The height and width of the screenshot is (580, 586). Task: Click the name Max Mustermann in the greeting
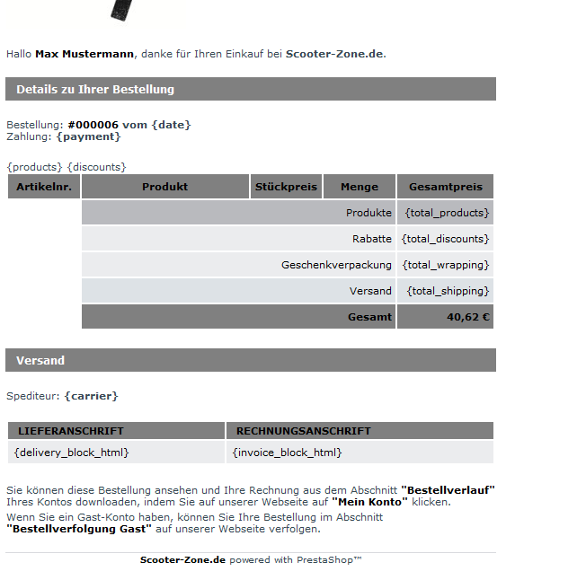click(x=84, y=54)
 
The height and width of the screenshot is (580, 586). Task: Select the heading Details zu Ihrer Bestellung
click(x=95, y=89)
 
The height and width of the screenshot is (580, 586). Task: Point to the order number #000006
click(x=93, y=125)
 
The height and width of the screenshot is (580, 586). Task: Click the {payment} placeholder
click(x=88, y=136)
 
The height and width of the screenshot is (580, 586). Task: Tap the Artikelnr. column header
click(x=44, y=187)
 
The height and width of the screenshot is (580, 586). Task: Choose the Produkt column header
click(x=165, y=187)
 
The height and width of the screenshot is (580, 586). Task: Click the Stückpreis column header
click(x=286, y=187)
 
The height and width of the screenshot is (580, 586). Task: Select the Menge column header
click(x=360, y=187)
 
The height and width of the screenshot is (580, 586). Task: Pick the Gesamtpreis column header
click(x=446, y=187)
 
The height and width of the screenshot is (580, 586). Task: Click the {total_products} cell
click(x=447, y=213)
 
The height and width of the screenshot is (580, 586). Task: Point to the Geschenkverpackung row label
click(x=336, y=265)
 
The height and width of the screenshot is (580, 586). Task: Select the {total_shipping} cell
click(x=448, y=291)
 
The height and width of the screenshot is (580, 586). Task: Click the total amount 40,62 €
click(x=467, y=317)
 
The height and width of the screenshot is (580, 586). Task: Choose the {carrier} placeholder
click(x=91, y=395)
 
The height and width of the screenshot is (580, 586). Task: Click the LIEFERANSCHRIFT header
click(x=71, y=431)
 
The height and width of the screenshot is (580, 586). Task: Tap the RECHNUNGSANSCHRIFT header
click(x=304, y=431)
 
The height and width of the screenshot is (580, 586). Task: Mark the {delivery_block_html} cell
click(x=72, y=453)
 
